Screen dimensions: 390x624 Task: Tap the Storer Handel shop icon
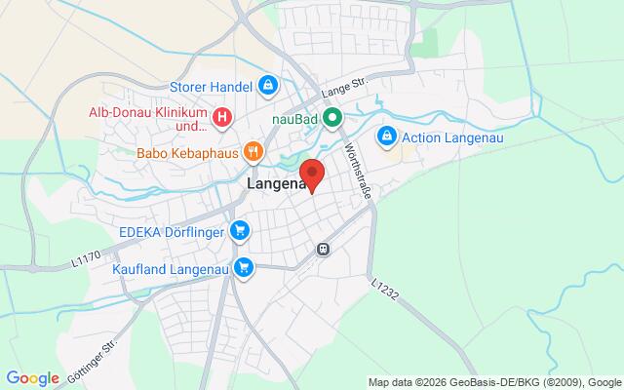pyautogui.click(x=266, y=87)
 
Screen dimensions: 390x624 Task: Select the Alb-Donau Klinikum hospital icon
pyautogui.click(x=222, y=118)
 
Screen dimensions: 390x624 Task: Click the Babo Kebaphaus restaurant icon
pyautogui.click(x=253, y=151)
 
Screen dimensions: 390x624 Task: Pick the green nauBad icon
pyautogui.click(x=332, y=118)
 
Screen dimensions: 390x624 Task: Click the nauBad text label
pyautogui.click(x=295, y=118)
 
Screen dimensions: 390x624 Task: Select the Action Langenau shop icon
pyautogui.click(x=387, y=136)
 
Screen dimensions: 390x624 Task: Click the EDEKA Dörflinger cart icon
pyautogui.click(x=241, y=231)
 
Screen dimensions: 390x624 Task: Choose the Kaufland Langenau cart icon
pyautogui.click(x=244, y=266)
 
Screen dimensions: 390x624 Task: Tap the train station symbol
pyautogui.click(x=323, y=249)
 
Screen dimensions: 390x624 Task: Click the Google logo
pyautogui.click(x=33, y=378)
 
